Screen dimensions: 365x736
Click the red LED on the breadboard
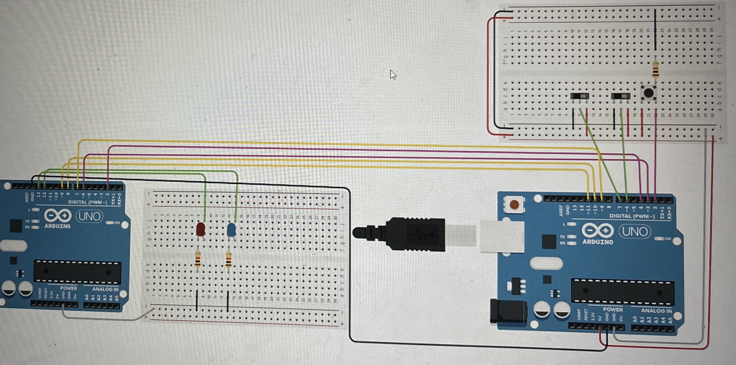201,229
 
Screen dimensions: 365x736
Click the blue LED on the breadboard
231,230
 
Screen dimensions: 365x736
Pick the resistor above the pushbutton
656,70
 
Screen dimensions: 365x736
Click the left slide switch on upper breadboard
579,96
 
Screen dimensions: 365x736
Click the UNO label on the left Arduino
89,216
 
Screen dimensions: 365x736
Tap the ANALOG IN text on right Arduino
656,311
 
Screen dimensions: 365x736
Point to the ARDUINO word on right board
598,242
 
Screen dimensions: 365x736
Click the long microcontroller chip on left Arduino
77,271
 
